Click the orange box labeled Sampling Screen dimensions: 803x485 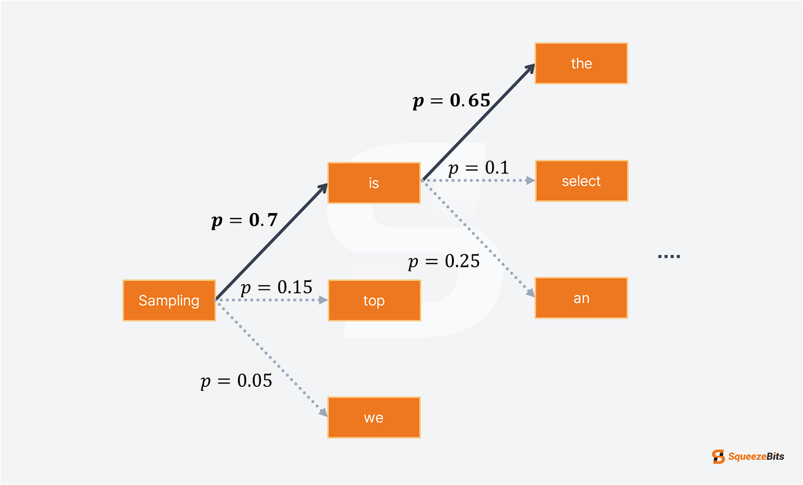tap(169, 300)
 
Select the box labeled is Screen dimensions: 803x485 tap(374, 183)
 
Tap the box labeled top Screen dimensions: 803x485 tap(374, 300)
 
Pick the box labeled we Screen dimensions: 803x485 tap(374, 418)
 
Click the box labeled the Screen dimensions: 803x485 tap(581, 64)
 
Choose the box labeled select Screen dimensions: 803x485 tap(582, 181)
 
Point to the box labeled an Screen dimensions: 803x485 tap(581, 298)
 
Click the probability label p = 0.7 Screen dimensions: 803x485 tap(244, 220)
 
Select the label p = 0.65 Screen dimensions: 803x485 tap(451, 101)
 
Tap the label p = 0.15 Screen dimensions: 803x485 tap(276, 288)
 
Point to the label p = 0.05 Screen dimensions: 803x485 tap(236, 381)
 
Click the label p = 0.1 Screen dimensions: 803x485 tap(478, 168)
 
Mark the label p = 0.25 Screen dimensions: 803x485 tap(444, 261)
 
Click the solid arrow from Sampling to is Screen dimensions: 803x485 tap(271, 242)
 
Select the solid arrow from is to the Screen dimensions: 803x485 tap(478, 122)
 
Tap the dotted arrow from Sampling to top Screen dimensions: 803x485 tap(271, 300)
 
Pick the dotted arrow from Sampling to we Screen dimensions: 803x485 tap(271, 358)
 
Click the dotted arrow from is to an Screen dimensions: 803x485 tap(478, 239)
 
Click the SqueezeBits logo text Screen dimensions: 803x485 tap(756, 456)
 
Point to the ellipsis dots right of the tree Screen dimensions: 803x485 tap(669, 256)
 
